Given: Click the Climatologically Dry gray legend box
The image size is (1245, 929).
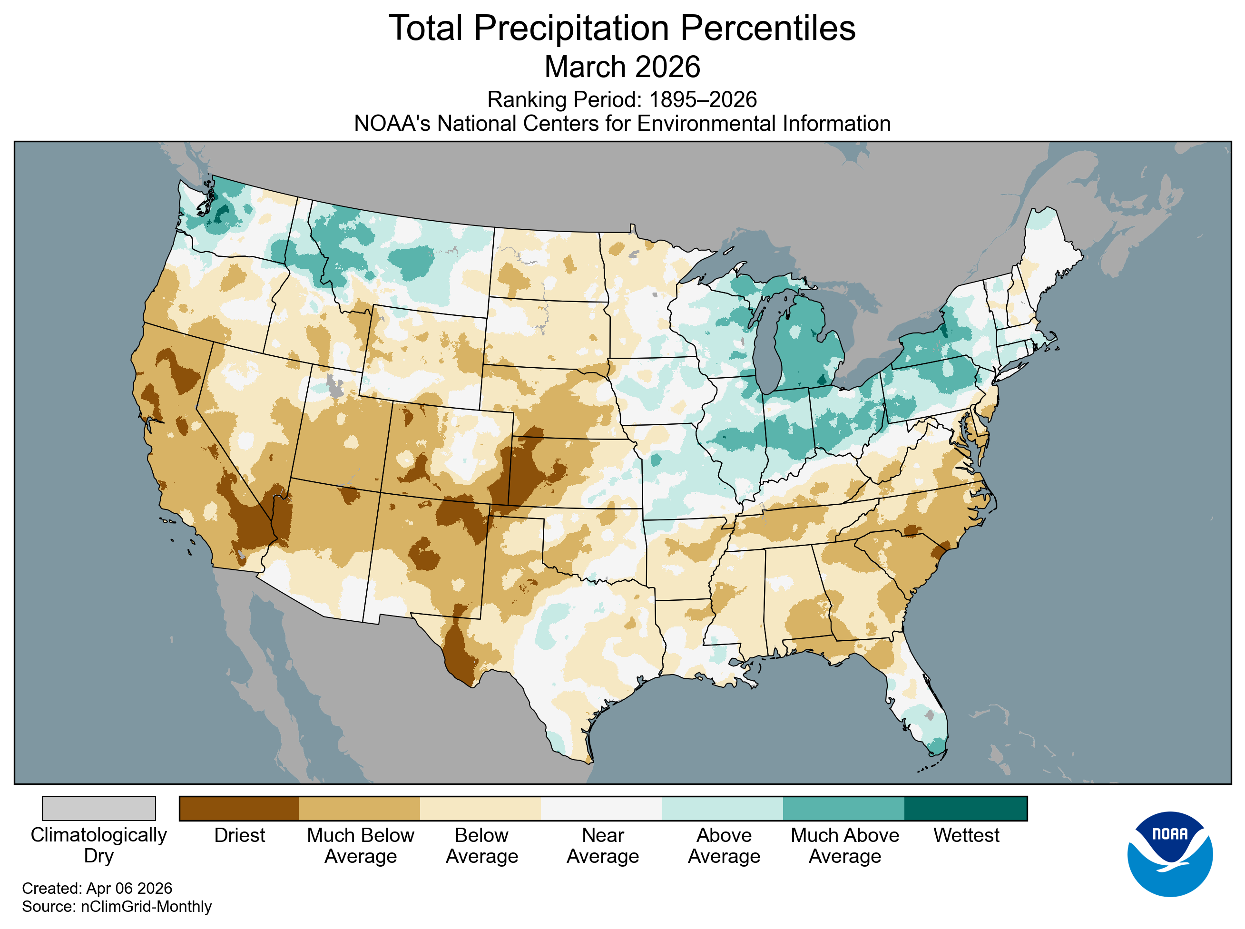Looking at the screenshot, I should [98, 808].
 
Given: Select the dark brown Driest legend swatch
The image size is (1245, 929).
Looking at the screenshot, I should [239, 808].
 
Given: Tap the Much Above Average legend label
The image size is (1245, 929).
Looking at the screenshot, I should [844, 845].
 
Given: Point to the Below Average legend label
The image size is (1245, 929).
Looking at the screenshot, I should [481, 845].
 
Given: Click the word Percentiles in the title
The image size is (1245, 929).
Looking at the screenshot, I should [767, 28].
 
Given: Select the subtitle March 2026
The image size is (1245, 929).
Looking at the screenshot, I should [622, 67].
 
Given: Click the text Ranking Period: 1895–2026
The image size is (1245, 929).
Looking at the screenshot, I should [621, 99].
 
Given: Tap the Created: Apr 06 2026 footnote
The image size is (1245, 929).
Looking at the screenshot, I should [97, 888].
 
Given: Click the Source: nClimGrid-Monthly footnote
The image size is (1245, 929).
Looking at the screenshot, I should [117, 907].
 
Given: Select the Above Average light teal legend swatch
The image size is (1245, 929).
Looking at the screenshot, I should [722, 808].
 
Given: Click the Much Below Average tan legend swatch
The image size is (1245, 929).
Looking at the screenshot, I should [359, 808].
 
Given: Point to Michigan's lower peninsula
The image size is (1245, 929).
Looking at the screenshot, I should [804, 349].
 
